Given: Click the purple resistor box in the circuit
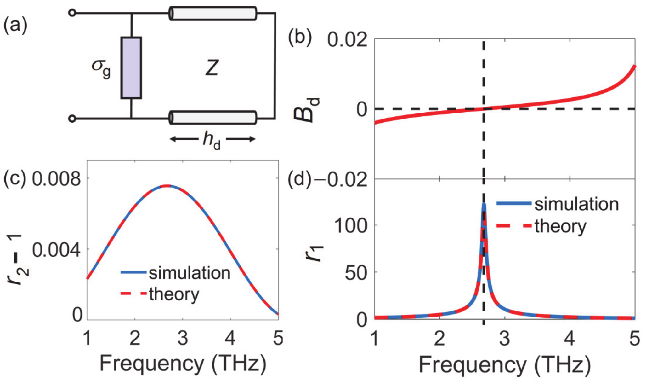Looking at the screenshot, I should tap(131, 68).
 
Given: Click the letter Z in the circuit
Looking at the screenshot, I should tap(212, 68).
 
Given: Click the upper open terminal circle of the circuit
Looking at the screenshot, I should tap(72, 13).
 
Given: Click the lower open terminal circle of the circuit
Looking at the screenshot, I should tap(72, 119).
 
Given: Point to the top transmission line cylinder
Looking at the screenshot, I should tap(213, 13).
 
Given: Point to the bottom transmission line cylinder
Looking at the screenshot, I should tap(213, 117).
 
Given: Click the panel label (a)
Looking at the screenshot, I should tap(15, 25).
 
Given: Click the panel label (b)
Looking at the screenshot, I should tap(300, 37).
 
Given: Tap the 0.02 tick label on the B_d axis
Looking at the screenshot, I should tap(347, 40).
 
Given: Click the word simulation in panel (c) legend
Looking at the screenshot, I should tap(190, 273).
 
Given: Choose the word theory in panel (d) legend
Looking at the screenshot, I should tap(560, 226).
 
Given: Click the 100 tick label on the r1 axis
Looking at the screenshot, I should tap(350, 225).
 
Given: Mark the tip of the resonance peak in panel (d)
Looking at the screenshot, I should tap(484, 204).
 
